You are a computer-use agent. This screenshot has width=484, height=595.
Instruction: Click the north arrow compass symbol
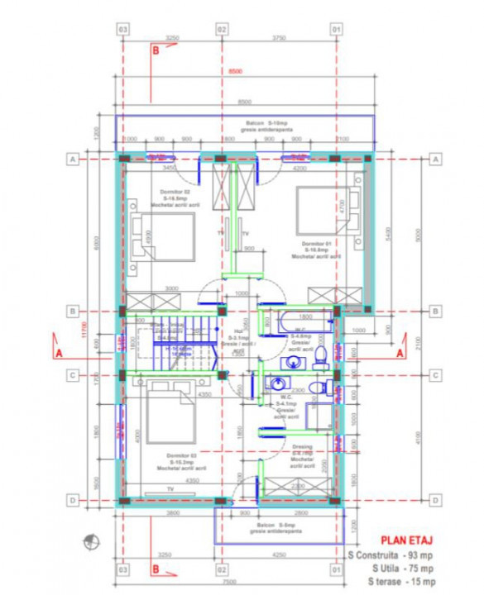pyautogui.click(x=87, y=543)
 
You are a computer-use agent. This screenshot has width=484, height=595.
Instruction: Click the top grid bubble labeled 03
pyautogui.click(x=122, y=29)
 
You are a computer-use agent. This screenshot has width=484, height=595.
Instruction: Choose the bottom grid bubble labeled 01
pyautogui.click(x=337, y=570)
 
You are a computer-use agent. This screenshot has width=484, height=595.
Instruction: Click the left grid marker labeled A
pyautogui.click(x=73, y=159)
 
